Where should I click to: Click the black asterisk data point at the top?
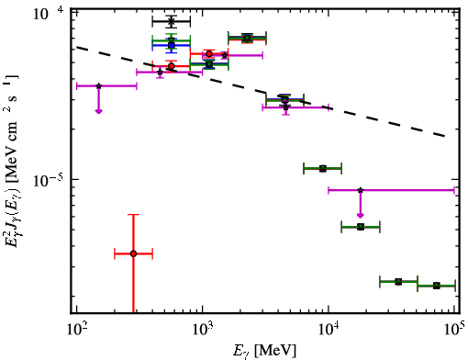tap(172, 21)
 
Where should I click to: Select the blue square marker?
tap(172, 45)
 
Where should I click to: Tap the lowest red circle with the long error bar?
tap(133, 253)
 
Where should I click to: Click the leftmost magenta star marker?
tap(98, 86)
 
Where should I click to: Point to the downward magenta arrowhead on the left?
tap(98, 111)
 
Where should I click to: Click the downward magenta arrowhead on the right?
tap(361, 215)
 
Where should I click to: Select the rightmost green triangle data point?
tap(437, 286)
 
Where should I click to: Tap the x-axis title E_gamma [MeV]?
tap(265, 351)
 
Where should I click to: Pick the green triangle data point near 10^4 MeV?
tap(323, 169)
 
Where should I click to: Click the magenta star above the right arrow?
tap(361, 190)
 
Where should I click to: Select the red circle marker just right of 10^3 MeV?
tap(209, 54)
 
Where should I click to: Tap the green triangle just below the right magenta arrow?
tap(361, 227)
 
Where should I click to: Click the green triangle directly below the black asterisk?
tap(172, 40)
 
